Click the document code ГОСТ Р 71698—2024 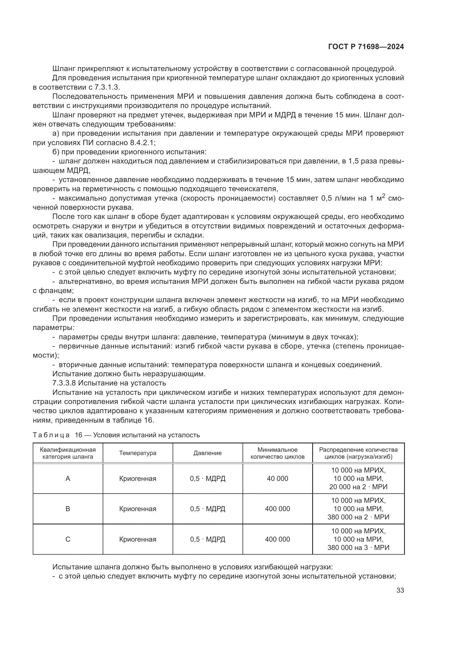pyautogui.click(x=366, y=47)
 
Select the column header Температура pyautogui.click(x=138, y=453)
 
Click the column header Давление pyautogui.click(x=208, y=453)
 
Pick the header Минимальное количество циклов pyautogui.click(x=277, y=453)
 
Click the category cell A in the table pyautogui.click(x=67, y=479)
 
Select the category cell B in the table pyautogui.click(x=67, y=509)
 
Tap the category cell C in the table pyautogui.click(x=67, y=539)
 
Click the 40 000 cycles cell pyautogui.click(x=277, y=479)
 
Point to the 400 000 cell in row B pyautogui.click(x=277, y=509)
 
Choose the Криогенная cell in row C pyautogui.click(x=138, y=539)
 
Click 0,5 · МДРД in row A pyautogui.click(x=208, y=479)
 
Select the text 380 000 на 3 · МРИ pyautogui.click(x=358, y=547)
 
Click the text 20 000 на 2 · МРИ pyautogui.click(x=358, y=487)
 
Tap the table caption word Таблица pyautogui.click(x=51, y=435)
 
